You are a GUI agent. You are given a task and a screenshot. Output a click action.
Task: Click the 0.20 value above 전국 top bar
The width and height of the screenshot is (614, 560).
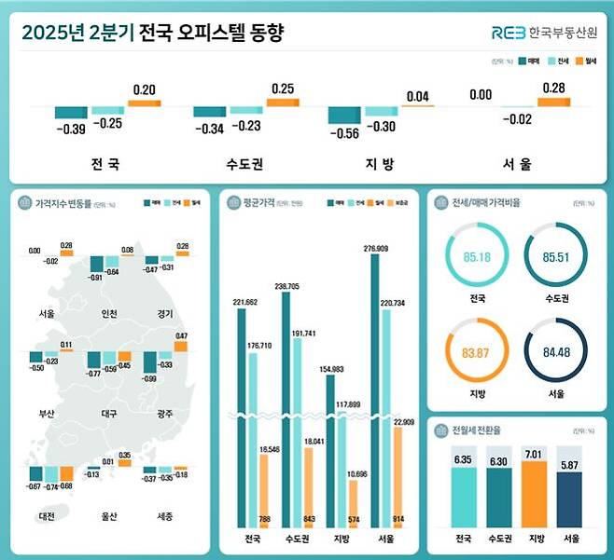(144, 89)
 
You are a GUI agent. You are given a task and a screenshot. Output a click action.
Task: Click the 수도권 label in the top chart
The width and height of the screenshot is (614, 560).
(244, 164)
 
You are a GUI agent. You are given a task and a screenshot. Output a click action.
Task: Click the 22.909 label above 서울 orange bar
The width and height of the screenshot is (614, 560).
(403, 421)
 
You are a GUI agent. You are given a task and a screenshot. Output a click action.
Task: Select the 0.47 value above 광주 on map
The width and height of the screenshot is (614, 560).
(181, 335)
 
